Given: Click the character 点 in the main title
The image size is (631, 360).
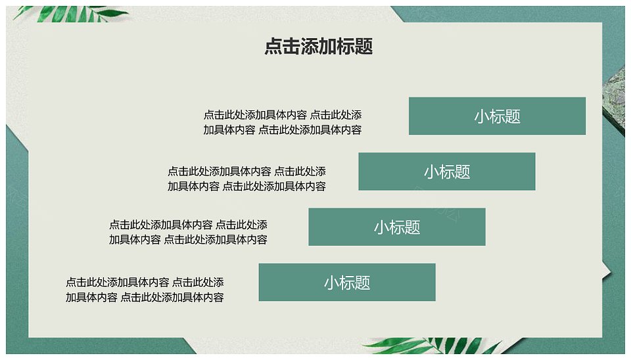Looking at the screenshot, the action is [273, 46].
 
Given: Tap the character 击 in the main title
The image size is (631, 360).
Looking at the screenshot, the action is [291, 46].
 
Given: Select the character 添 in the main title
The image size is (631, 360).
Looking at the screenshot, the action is [309, 46].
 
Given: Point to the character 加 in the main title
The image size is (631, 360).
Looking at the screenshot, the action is [327, 46].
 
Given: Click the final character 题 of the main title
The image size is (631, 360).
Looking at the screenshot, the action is [363, 46].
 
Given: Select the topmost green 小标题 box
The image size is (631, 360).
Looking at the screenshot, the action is [497, 116].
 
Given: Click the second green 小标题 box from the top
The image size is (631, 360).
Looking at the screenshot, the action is [447, 171].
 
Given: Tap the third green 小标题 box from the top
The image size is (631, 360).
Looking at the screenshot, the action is [397, 227].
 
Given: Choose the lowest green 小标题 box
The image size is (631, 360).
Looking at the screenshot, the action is [347, 282].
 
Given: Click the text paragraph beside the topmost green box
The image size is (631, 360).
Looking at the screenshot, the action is [282, 122].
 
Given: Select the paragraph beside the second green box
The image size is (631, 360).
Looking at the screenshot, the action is [246, 179].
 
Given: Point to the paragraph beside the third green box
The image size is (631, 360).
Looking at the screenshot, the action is [188, 232].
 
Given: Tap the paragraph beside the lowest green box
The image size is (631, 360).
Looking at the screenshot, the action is [145, 290].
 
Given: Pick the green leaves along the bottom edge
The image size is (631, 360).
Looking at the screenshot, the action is [432, 346].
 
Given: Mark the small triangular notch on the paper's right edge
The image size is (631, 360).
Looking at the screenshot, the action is [607, 271].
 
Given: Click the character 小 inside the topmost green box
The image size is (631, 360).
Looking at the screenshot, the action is [482, 116].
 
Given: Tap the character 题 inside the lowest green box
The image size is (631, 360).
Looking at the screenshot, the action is [363, 282].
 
